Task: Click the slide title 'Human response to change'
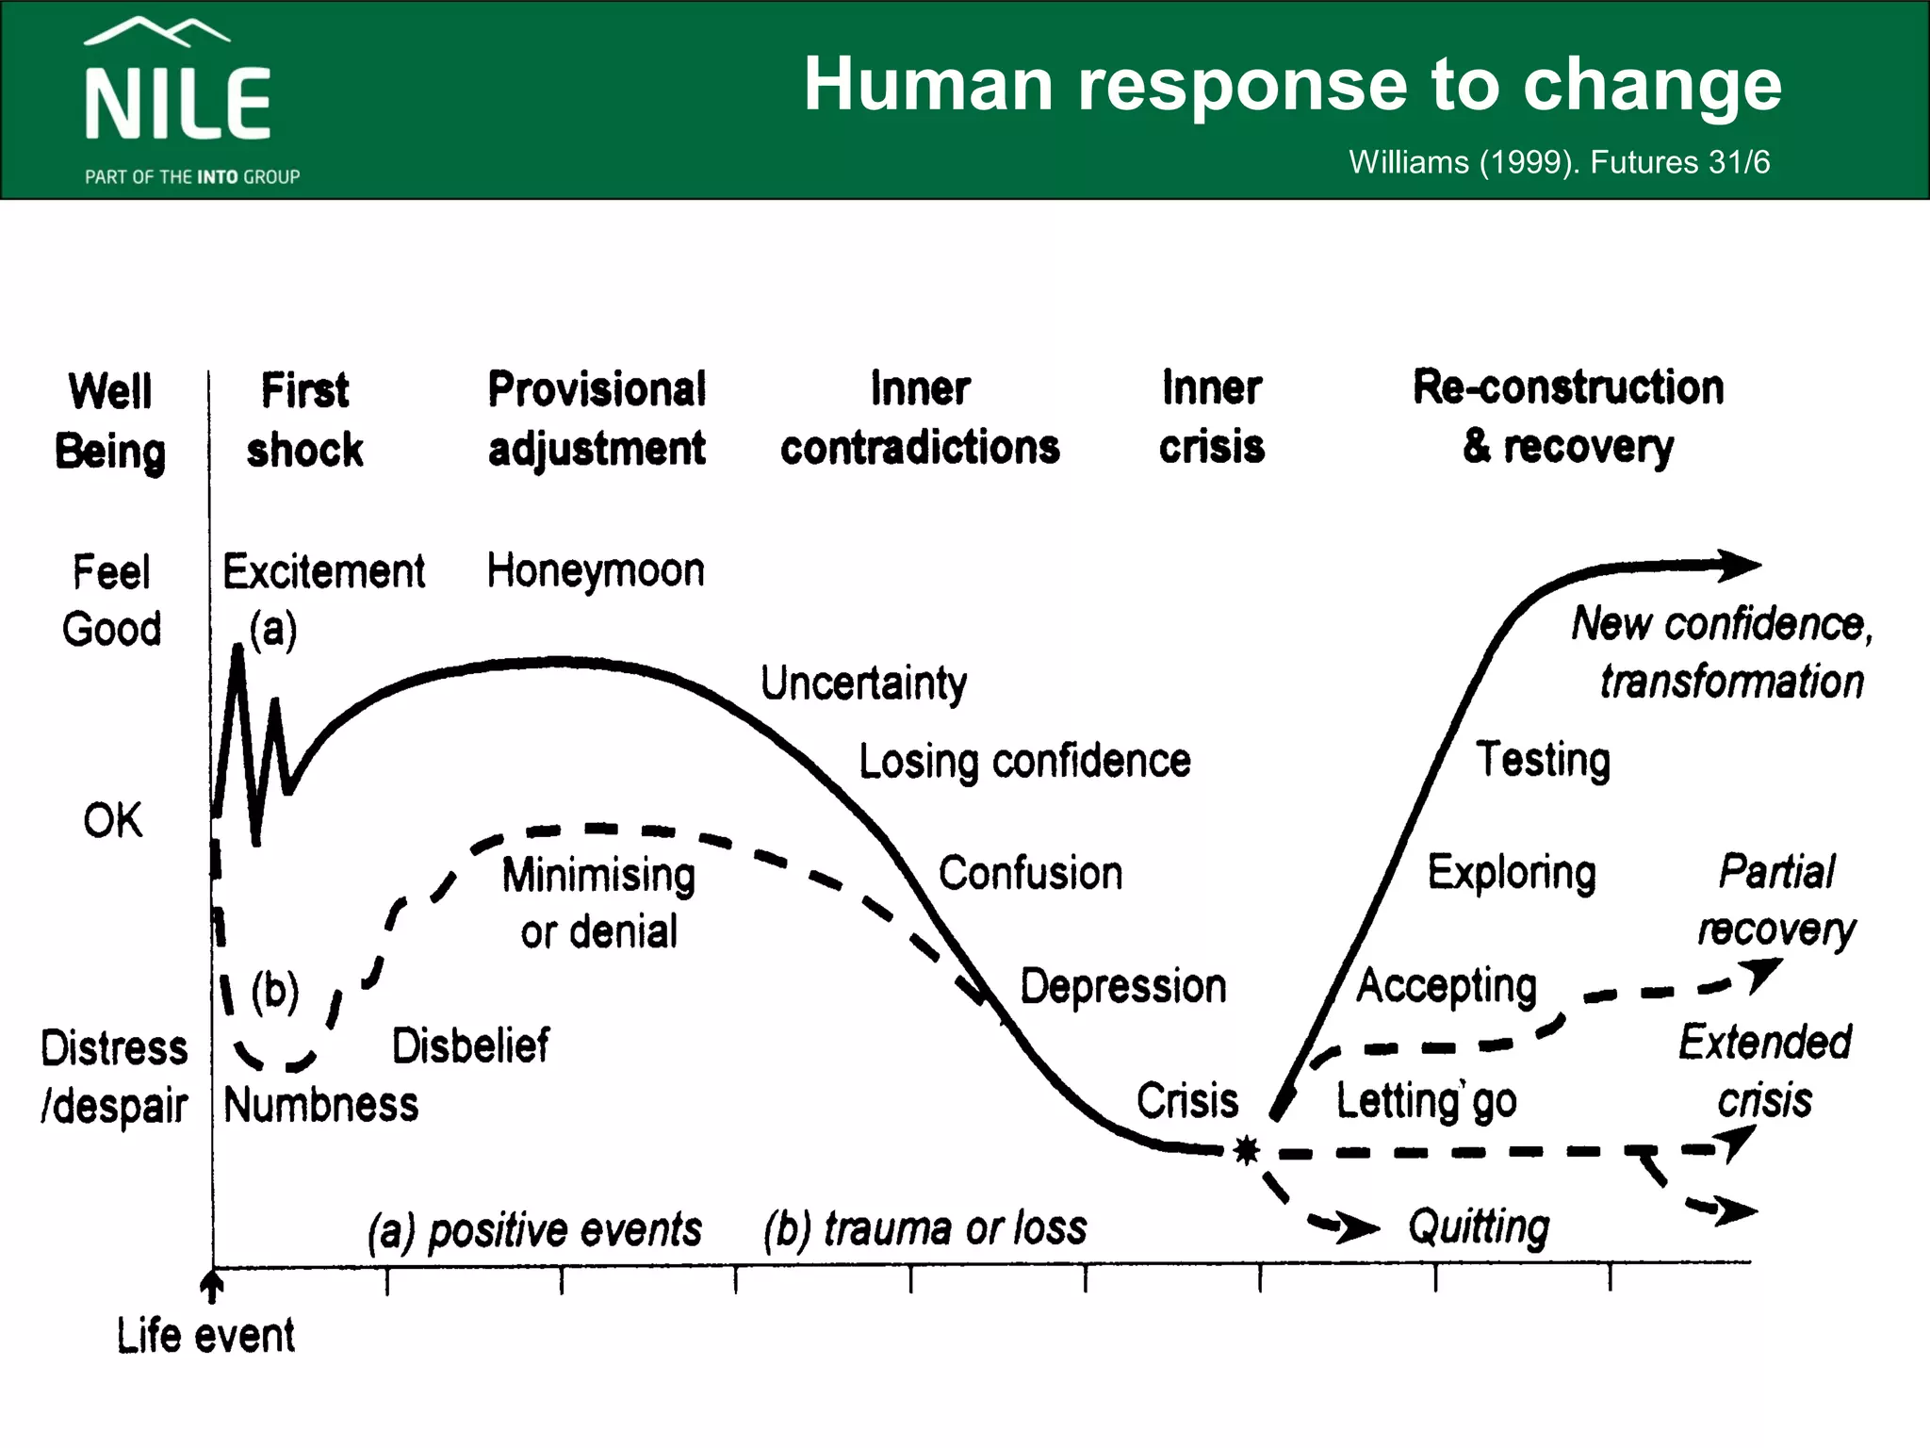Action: [x=1292, y=85]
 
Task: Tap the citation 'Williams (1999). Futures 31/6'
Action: [x=1559, y=162]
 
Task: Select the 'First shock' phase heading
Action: [x=304, y=420]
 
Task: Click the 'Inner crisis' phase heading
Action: [x=1212, y=417]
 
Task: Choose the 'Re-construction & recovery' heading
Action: [x=1568, y=417]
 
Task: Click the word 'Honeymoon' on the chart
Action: [x=596, y=571]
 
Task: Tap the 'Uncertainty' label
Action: [x=863, y=683]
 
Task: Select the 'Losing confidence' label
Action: [x=1024, y=761]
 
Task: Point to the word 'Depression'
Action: [x=1123, y=987]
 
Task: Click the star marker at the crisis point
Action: [x=1247, y=1150]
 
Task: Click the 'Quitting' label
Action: [x=1479, y=1227]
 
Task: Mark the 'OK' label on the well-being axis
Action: [x=113, y=820]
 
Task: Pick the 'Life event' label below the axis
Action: [x=205, y=1336]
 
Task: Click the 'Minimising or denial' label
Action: [x=599, y=903]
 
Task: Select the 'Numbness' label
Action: [x=321, y=1105]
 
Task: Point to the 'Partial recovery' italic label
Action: [x=1776, y=900]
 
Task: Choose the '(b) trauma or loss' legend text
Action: [x=925, y=1229]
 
